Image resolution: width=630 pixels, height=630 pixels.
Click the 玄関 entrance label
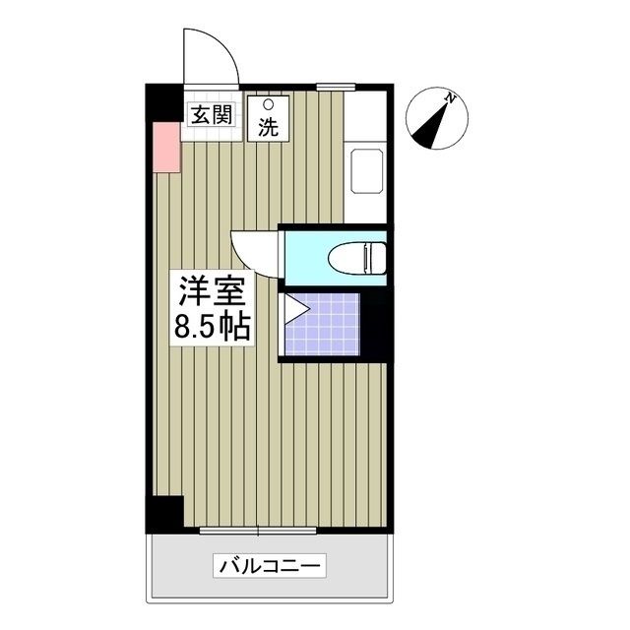[x=210, y=114]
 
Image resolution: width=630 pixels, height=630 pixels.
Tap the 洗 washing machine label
[x=268, y=126]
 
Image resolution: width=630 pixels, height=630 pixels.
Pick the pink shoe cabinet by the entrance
[x=165, y=149]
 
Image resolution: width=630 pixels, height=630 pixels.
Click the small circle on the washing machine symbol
[x=268, y=103]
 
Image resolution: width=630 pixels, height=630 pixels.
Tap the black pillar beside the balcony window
[x=164, y=513]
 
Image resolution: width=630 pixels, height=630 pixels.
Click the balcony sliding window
[x=258, y=532]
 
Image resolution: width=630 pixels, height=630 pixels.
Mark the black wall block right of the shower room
[x=376, y=325]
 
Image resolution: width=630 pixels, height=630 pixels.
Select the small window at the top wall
[x=336, y=87]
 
